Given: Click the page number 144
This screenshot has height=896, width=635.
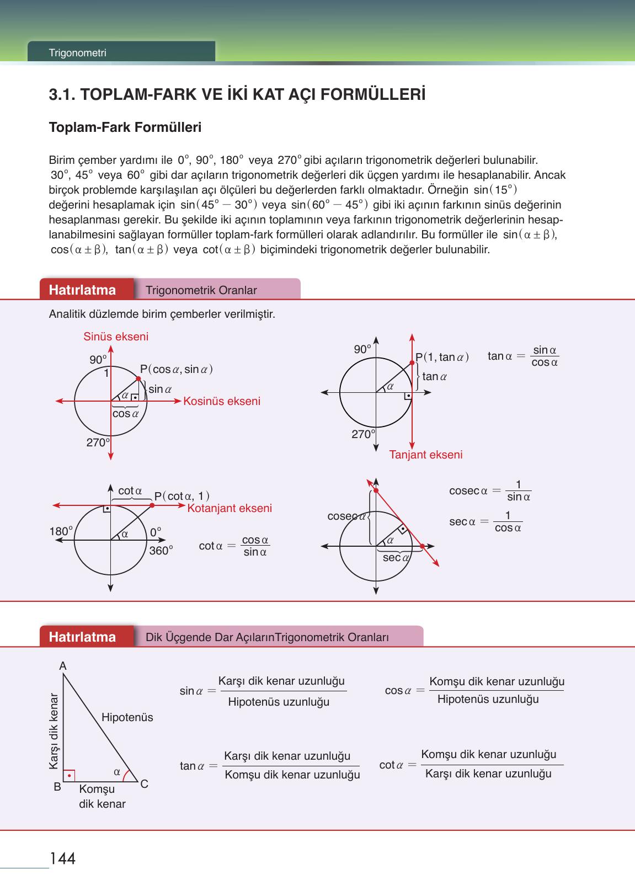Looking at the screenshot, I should click(62, 858).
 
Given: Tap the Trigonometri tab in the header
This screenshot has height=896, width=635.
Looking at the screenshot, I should click(77, 54).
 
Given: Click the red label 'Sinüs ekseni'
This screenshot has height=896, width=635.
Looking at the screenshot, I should click(116, 337).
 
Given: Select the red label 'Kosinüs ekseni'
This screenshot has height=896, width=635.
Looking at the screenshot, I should click(222, 401).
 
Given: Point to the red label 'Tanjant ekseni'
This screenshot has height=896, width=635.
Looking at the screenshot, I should click(426, 455).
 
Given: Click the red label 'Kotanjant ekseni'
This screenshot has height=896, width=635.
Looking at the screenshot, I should click(230, 508).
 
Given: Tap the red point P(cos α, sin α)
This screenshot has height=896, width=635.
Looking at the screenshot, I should click(138, 378).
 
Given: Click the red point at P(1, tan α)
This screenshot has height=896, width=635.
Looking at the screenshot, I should click(412, 362).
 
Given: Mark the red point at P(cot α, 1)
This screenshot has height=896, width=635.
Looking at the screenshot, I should click(151, 505).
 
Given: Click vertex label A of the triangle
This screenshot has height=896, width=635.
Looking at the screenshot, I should click(63, 666).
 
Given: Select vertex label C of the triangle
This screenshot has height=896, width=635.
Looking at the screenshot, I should click(145, 783).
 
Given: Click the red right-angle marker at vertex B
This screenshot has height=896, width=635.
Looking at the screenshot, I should click(69, 776).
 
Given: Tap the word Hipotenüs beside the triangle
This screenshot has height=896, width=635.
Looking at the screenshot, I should click(127, 717).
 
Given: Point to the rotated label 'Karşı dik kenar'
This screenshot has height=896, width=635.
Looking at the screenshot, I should click(54, 730).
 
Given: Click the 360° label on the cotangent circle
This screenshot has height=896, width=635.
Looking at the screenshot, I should click(161, 551).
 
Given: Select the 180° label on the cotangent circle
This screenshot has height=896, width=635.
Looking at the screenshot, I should click(61, 531).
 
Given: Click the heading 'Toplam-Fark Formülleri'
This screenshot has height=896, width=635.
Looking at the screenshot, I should click(125, 127).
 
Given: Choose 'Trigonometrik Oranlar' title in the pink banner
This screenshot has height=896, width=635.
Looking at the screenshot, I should click(201, 290).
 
